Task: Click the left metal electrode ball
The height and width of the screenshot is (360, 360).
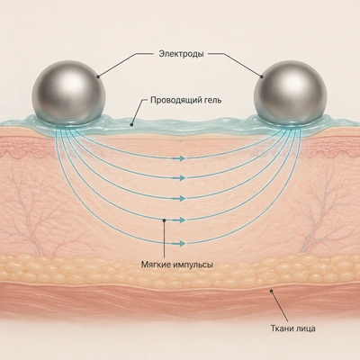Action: (68, 93)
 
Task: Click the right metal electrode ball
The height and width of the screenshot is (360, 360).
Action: (290, 93)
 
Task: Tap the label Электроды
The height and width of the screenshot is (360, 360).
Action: (181, 54)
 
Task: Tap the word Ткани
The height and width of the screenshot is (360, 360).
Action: (281, 328)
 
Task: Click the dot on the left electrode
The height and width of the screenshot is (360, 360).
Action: (98, 76)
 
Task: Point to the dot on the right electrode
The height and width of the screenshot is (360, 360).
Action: (262, 76)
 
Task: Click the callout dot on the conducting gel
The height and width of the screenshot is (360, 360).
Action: (131, 124)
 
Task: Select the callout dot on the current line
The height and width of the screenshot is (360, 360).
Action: (164, 220)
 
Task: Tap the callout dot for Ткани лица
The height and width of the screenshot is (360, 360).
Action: (271, 291)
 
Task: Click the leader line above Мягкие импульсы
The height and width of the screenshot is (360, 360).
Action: (164, 239)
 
